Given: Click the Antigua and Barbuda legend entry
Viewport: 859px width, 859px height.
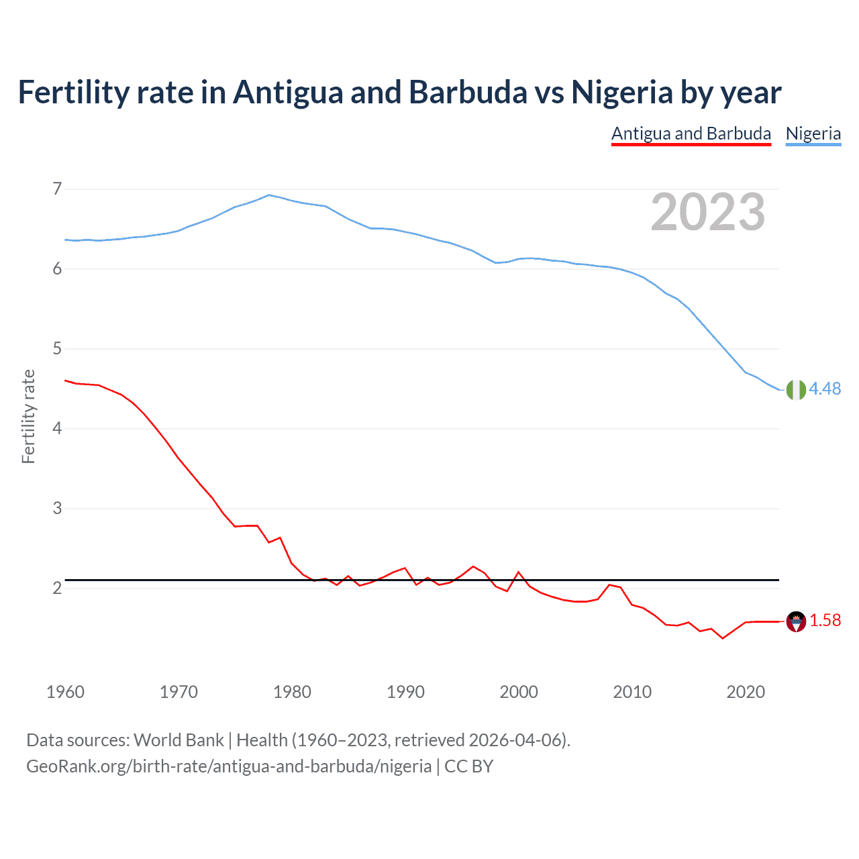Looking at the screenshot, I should tap(691, 134).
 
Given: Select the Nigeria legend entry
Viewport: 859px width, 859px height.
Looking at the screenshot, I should tap(813, 134).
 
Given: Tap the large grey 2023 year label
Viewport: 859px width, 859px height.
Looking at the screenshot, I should tap(707, 212).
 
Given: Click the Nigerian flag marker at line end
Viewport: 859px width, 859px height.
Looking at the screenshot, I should tap(795, 389).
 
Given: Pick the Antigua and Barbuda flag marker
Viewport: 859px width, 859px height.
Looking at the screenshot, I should tap(795, 621).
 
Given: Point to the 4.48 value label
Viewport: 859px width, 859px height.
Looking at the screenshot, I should tap(825, 389).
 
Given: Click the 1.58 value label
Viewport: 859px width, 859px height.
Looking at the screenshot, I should tap(825, 621).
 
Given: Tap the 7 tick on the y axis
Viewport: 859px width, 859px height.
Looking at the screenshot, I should tap(57, 189).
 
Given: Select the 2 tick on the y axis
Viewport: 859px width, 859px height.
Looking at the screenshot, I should tap(57, 588).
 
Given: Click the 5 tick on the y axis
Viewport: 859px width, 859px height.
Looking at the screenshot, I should tap(57, 348).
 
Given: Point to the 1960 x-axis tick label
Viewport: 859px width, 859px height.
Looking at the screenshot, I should tap(65, 692).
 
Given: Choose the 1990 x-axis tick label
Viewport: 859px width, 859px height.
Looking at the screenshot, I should tap(405, 692).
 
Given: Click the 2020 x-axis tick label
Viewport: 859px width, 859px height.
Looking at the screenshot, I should tap(746, 692).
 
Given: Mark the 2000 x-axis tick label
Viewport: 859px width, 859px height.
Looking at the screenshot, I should tap(519, 692).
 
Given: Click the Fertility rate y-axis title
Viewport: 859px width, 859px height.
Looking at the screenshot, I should tap(28, 416).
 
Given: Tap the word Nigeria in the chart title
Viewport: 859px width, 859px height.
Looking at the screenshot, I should tap(621, 93).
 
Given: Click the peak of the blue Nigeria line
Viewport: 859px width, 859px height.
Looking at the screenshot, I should tap(269, 195).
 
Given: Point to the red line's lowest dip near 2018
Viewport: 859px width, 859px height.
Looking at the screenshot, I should tap(722, 638).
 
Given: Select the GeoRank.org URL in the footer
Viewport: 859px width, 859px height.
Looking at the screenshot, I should tap(229, 766).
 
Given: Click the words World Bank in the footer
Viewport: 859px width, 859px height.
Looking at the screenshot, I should tap(179, 740).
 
